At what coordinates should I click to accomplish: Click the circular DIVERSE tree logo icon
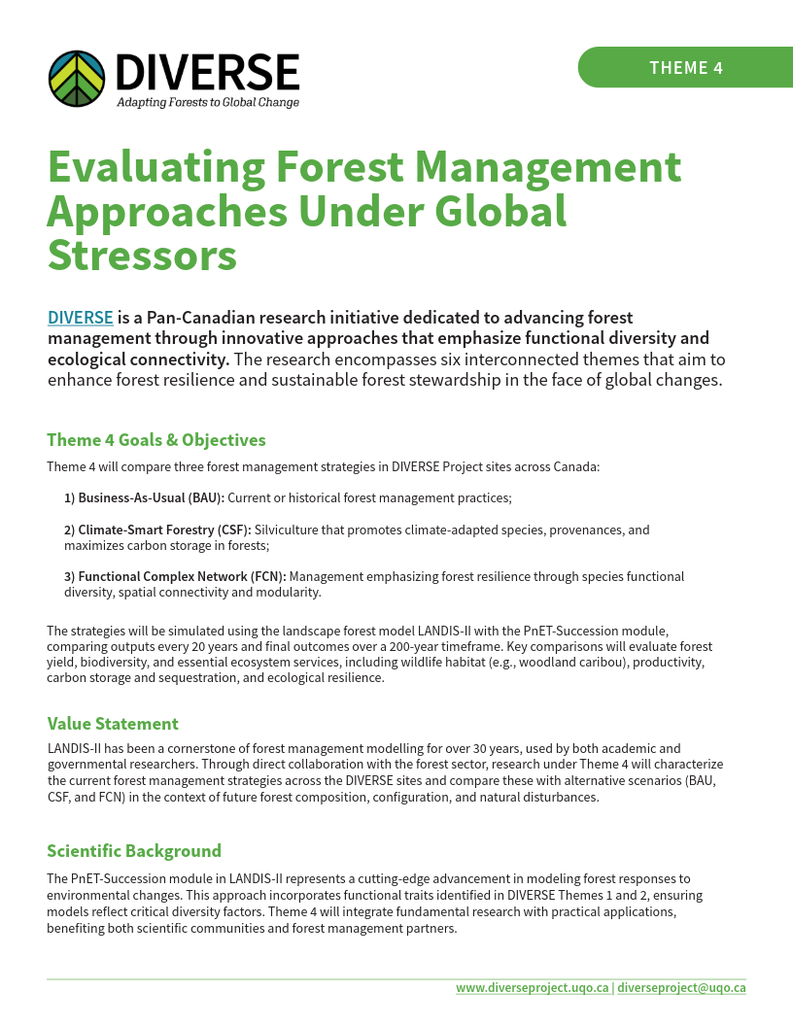(x=77, y=79)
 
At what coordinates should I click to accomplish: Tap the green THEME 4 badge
(x=685, y=67)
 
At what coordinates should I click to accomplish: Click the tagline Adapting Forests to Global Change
(x=208, y=102)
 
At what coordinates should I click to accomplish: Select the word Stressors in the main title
(x=142, y=255)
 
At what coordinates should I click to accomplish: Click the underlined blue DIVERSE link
(x=81, y=318)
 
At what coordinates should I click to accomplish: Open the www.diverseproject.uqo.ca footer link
(x=533, y=987)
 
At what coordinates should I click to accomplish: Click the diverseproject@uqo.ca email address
(x=681, y=987)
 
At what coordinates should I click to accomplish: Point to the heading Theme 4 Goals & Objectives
(x=156, y=440)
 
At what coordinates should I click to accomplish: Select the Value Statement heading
(x=113, y=723)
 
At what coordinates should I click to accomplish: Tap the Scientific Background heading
(x=134, y=850)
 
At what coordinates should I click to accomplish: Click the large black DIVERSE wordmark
(x=207, y=72)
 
